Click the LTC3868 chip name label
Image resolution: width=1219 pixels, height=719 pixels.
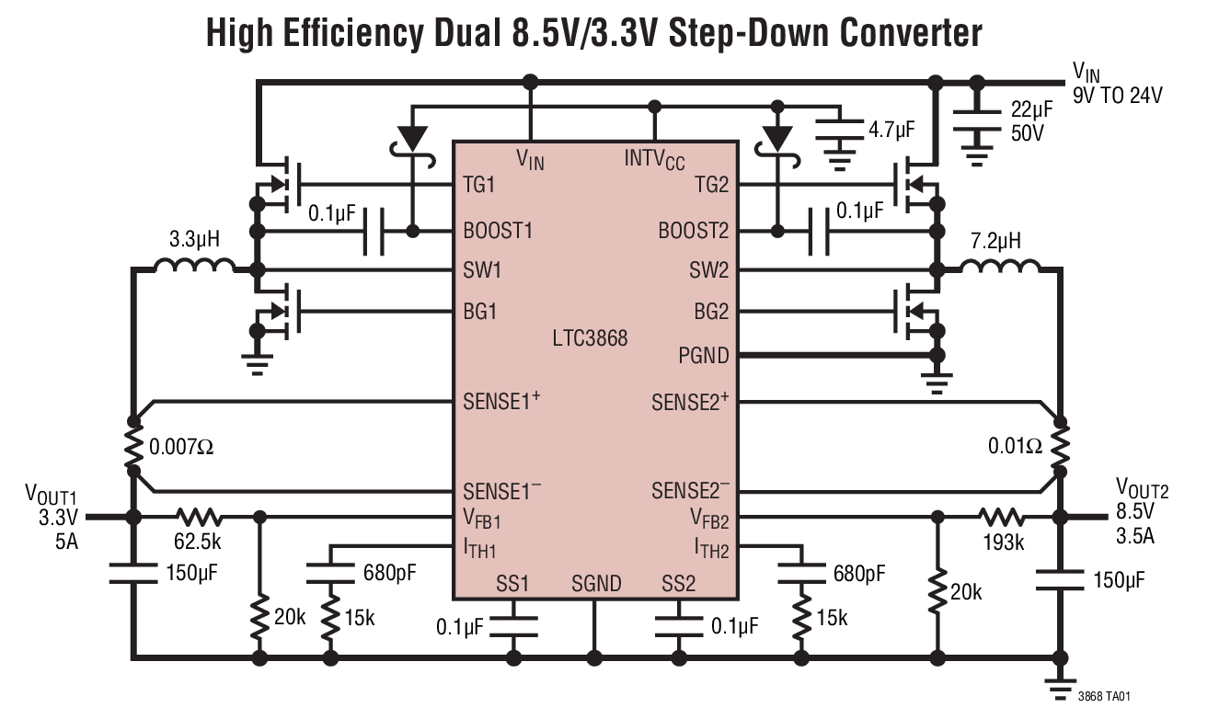pos(590,338)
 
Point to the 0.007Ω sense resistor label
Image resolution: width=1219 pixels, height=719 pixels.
pos(182,448)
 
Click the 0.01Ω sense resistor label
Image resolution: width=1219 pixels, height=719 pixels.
pos(1014,446)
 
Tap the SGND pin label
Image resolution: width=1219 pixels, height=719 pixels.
pos(596,583)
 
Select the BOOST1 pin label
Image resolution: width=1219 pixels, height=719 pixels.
pos(498,230)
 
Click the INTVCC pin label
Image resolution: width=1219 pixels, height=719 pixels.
pos(654,158)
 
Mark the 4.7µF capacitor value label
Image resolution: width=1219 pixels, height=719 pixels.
pos(891,129)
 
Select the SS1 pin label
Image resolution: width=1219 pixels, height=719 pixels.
pos(512,583)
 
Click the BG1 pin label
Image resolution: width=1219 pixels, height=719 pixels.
pos(479,311)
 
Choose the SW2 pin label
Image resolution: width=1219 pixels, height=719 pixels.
pos(708,270)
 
